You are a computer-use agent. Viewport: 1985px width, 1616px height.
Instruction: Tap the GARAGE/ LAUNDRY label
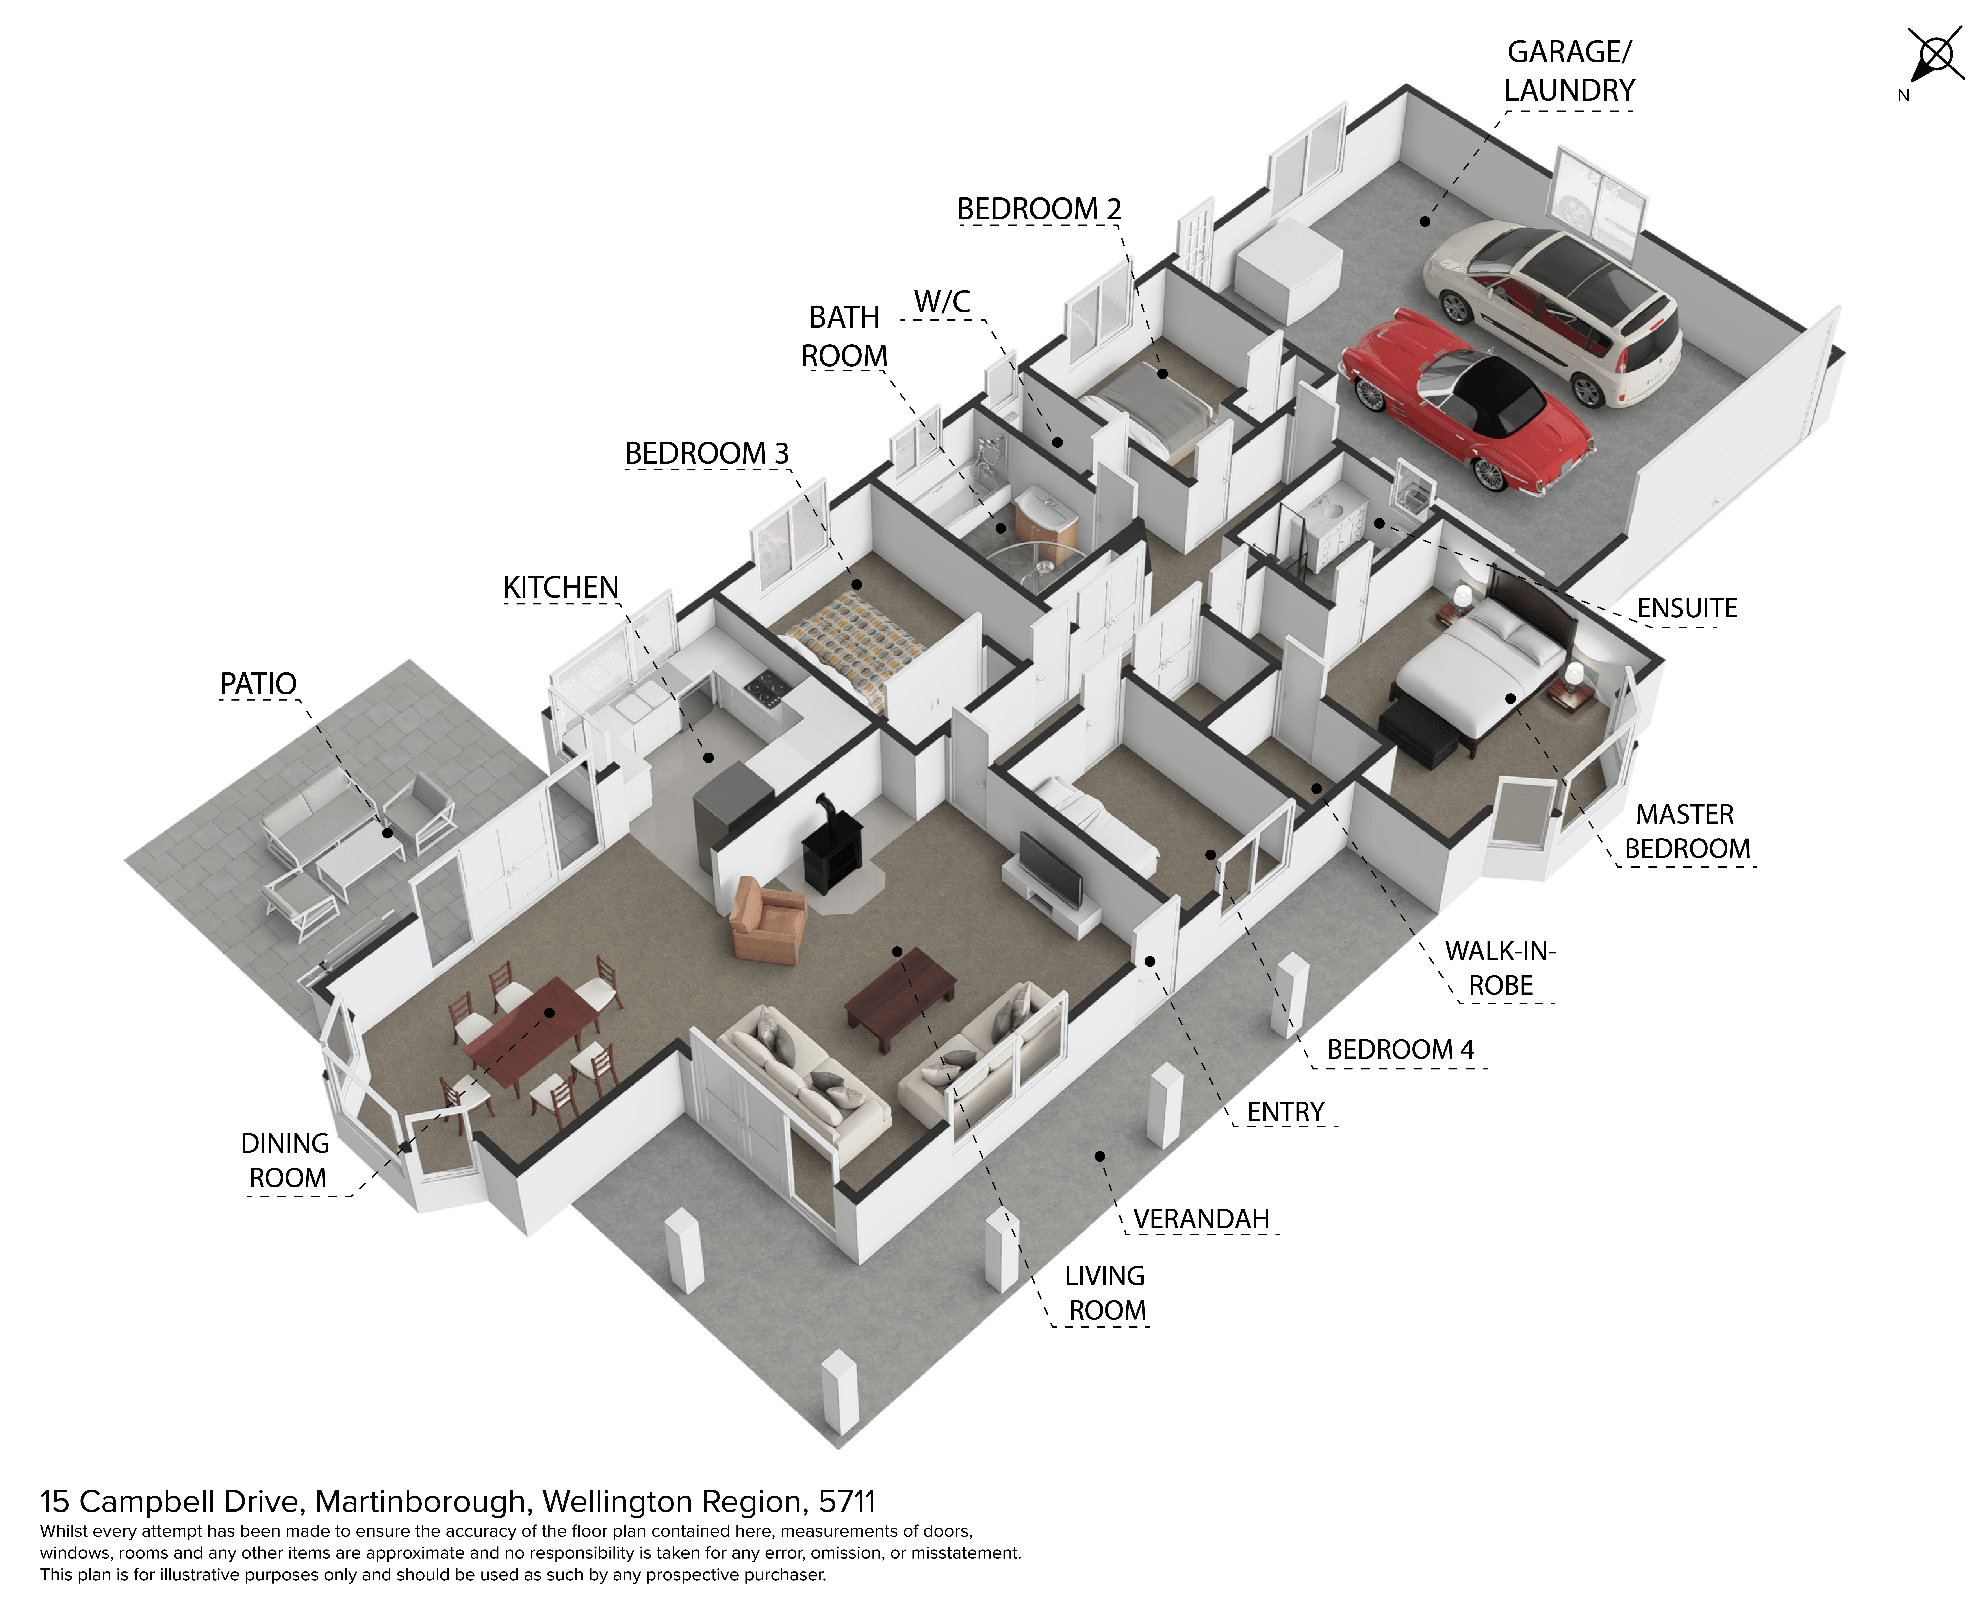1570,71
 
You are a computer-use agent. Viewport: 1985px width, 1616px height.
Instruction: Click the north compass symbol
1933,58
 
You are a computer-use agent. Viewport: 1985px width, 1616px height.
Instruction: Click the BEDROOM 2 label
1039,209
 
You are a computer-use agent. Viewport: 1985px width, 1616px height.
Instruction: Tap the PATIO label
258,684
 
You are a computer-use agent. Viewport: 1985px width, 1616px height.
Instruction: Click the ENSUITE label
1687,609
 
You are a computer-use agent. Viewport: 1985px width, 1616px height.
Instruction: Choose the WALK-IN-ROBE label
1500,968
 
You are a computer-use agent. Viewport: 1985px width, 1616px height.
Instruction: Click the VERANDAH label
1201,1219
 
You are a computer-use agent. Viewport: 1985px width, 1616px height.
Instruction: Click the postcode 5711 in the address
847,1501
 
